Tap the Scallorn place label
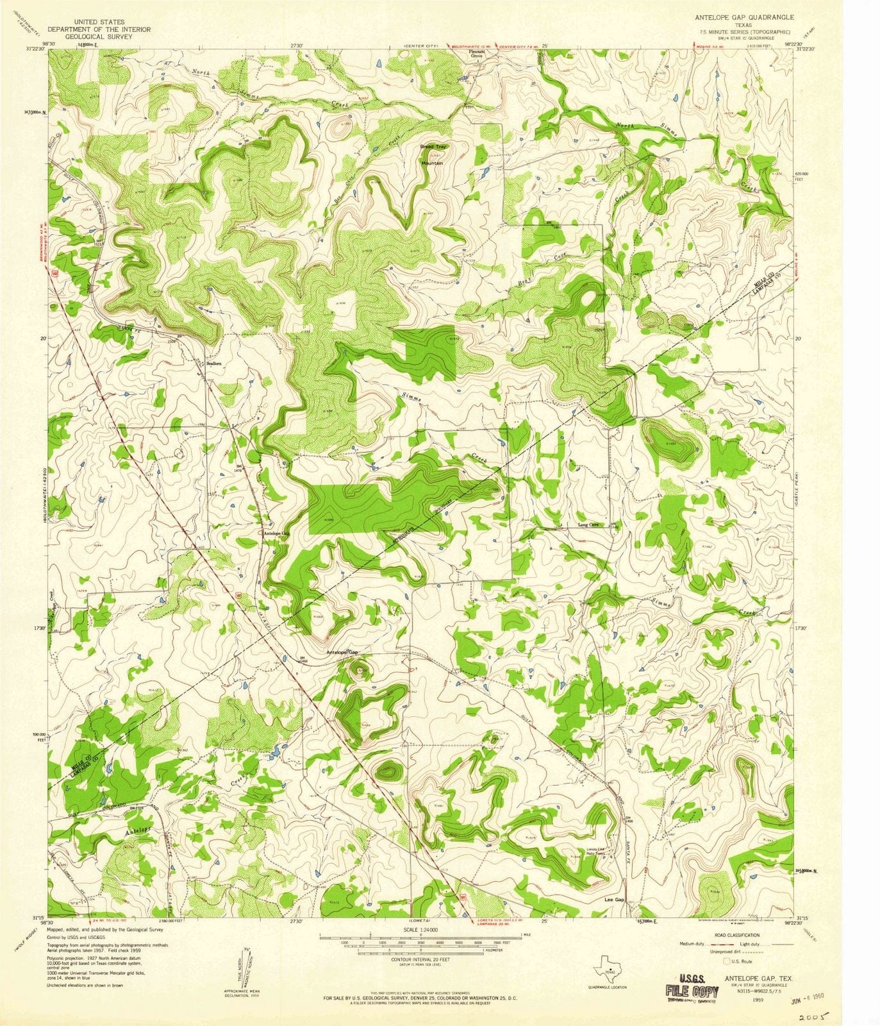(x=213, y=363)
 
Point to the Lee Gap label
(x=614, y=900)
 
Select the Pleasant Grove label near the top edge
(x=476, y=54)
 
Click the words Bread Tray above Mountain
(x=433, y=147)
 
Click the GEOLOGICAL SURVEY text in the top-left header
(x=99, y=37)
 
